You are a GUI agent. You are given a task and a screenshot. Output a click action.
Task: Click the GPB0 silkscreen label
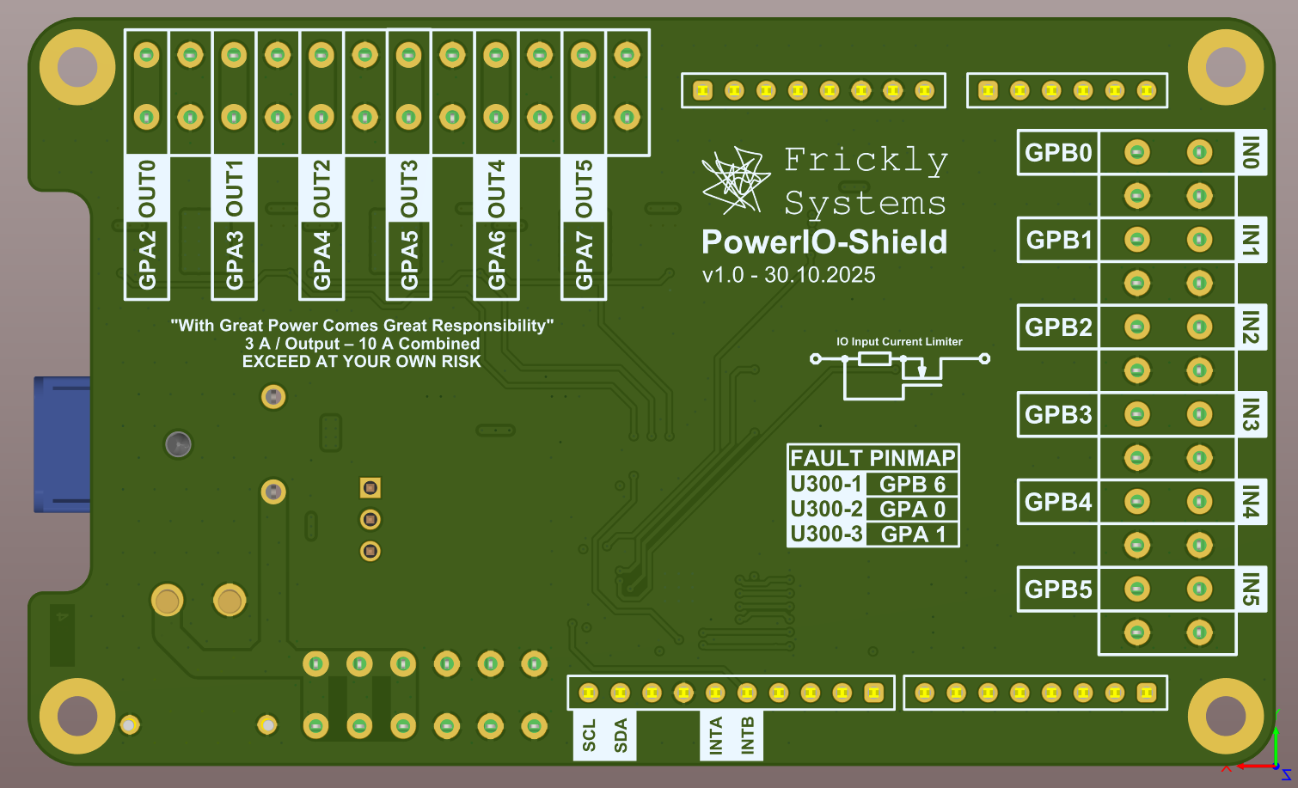[1058, 153]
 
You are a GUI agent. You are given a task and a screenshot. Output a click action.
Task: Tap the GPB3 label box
[1058, 415]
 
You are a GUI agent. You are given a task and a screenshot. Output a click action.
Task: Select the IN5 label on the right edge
[1251, 589]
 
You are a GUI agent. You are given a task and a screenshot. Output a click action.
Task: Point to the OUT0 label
[147, 188]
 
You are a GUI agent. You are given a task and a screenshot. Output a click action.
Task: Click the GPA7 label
[584, 260]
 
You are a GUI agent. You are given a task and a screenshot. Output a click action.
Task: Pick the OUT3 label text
[409, 188]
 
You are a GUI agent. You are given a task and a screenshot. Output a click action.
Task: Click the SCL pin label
[589, 736]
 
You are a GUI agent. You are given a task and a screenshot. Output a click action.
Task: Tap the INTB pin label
[747, 736]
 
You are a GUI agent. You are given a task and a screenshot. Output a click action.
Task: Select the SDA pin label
[621, 736]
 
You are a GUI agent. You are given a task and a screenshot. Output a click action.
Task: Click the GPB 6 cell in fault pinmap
[912, 485]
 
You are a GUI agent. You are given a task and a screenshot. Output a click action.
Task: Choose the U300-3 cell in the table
[826, 534]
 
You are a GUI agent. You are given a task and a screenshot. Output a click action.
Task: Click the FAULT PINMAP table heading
[872, 458]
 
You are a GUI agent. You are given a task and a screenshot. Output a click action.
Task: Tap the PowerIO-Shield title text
[824, 242]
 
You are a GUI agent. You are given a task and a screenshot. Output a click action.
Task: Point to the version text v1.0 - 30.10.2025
[788, 275]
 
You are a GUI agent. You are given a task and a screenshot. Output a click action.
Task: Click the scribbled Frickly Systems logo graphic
[733, 180]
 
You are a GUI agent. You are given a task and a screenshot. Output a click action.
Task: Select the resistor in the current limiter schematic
[874, 358]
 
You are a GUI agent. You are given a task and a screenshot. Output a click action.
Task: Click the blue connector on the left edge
[62, 444]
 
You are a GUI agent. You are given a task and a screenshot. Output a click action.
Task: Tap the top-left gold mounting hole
[77, 67]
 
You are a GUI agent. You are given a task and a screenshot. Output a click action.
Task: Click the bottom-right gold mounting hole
[1225, 715]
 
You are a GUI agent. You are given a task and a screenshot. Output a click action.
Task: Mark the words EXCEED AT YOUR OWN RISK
[361, 362]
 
